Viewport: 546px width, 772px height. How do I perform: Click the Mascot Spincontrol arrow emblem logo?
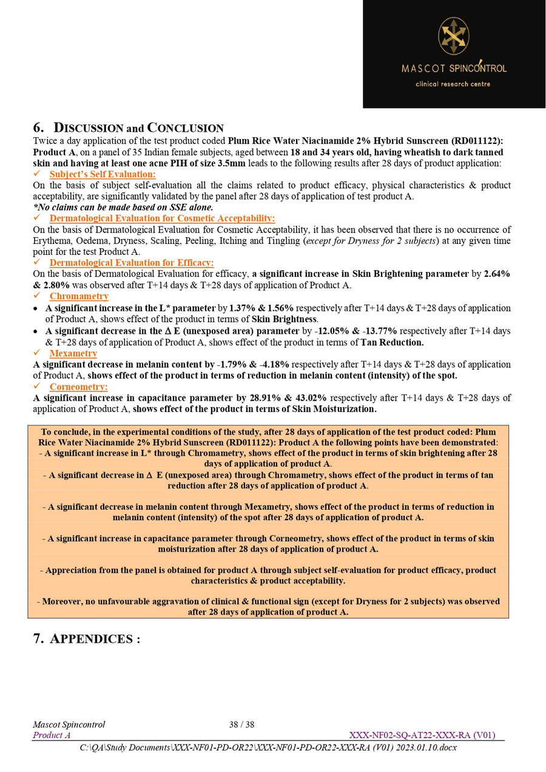click(x=453, y=36)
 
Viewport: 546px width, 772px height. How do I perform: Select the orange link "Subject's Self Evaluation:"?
click(x=103, y=174)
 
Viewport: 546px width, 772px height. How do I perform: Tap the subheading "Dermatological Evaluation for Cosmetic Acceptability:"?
click(x=162, y=218)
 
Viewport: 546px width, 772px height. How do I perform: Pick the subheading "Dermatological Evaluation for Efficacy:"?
click(x=132, y=263)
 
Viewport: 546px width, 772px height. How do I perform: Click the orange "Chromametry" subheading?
click(x=79, y=296)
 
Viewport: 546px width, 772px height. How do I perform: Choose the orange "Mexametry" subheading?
click(x=73, y=353)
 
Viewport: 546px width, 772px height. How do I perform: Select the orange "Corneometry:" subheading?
click(x=78, y=387)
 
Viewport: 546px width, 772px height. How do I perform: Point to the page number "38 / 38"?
click(x=241, y=725)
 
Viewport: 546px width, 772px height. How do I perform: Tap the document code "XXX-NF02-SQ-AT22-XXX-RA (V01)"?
click(x=422, y=735)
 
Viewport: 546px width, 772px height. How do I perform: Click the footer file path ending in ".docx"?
click(x=268, y=747)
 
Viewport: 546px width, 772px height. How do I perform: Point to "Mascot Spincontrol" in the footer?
click(x=69, y=725)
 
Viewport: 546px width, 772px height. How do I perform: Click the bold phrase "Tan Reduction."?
click(x=392, y=342)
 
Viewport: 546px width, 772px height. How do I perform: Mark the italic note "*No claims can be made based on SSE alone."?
click(x=123, y=207)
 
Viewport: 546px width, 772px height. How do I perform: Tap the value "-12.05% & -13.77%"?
click(x=358, y=331)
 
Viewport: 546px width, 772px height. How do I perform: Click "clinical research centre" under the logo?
click(x=453, y=84)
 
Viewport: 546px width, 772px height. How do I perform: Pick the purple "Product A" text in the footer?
click(x=52, y=735)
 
